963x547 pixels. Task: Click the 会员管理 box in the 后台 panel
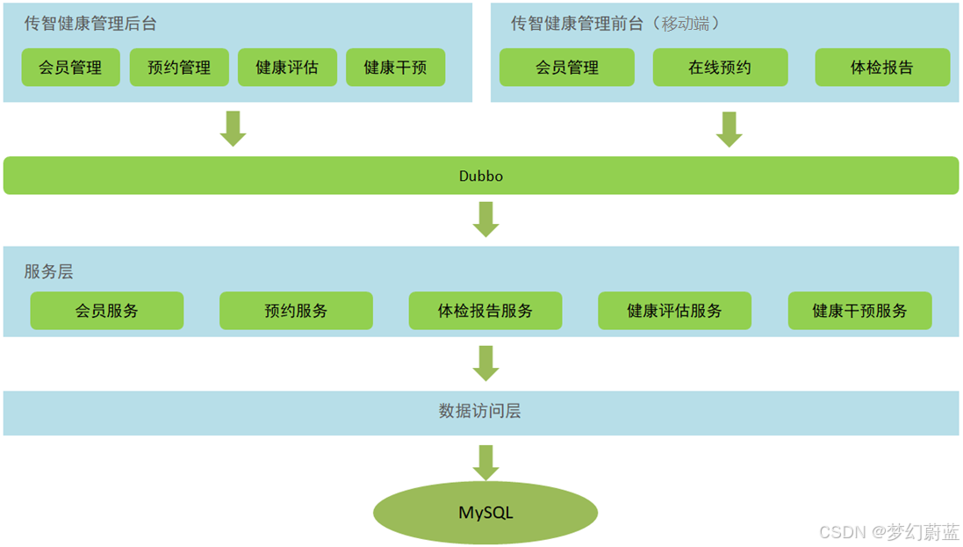pos(70,68)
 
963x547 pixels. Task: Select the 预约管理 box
pos(179,68)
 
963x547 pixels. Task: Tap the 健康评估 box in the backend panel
pos(287,68)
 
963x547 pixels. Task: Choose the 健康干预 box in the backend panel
pos(395,68)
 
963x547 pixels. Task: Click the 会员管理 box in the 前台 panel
pos(567,68)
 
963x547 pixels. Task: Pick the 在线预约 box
pos(720,68)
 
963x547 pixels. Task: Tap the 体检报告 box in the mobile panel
pos(882,68)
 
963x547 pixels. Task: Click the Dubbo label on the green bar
pos(481,176)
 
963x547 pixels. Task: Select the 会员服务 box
pos(107,311)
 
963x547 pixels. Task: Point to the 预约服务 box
pos(296,311)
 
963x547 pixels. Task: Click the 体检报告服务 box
pos(485,311)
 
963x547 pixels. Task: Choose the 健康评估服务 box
pos(674,311)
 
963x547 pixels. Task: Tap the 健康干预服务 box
pos(859,311)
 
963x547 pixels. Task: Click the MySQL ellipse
pos(485,512)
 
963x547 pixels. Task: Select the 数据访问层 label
pos(480,411)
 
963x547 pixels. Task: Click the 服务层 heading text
pos(49,271)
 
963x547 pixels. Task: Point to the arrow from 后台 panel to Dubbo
pos(233,128)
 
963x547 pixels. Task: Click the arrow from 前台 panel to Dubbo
pos(729,128)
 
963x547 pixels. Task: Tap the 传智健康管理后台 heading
pos(90,24)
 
